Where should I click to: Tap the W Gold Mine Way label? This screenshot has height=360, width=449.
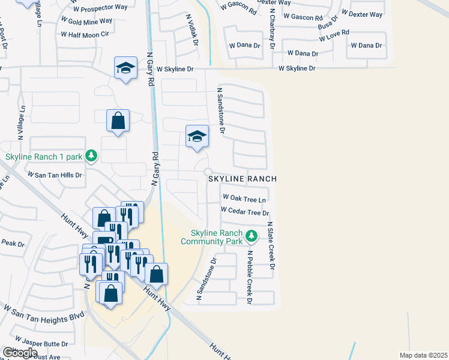(86, 20)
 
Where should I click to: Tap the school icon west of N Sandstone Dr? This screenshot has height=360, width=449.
(197, 137)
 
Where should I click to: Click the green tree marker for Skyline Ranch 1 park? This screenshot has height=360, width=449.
(91, 157)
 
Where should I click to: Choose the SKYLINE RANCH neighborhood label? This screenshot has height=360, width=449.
(243, 179)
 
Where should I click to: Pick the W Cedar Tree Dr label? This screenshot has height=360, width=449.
(244, 211)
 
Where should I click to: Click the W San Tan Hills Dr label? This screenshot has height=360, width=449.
(53, 174)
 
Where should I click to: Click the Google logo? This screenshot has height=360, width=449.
(20, 353)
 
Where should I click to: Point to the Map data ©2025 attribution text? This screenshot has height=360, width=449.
(423, 355)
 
